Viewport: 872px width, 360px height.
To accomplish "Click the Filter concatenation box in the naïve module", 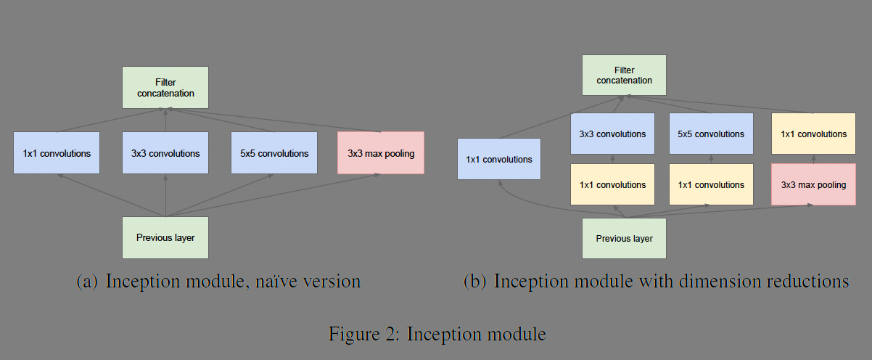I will coord(165,88).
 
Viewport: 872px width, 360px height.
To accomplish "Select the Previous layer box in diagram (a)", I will coord(165,237).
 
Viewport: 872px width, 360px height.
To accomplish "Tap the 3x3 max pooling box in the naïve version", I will coord(381,153).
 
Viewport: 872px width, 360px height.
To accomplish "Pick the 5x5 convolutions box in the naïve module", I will coord(274,153).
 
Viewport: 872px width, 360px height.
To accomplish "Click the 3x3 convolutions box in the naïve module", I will coord(165,153).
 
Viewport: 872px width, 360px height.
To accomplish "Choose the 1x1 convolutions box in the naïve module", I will coord(57,153).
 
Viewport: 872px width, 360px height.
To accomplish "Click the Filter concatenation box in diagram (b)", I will coord(624,75).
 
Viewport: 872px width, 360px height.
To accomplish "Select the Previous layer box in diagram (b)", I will coord(624,238).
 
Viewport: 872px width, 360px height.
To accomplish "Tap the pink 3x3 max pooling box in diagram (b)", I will coord(813,184).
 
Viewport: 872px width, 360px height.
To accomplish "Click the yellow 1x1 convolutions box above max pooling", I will coord(813,134).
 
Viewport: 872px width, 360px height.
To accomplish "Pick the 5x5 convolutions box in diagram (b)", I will coord(711,134).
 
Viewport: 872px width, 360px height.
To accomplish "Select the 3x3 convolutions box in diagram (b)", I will coord(612,134).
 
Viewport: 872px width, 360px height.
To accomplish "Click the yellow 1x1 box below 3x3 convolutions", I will coord(612,184).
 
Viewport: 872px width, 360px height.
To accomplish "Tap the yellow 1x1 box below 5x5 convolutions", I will coord(711,184).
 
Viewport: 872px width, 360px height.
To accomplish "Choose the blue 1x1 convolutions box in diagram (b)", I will coord(499,159).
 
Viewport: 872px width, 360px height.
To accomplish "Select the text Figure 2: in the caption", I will coord(363,334).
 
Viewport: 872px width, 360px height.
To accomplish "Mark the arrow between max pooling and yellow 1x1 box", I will coord(813,159).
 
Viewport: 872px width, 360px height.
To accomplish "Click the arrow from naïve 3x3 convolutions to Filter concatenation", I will coord(166,120).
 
